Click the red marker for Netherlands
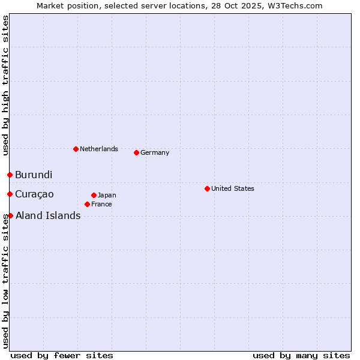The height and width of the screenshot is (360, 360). [76, 149]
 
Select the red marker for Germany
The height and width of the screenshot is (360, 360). [136, 152]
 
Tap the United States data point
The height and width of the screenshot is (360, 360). [207, 188]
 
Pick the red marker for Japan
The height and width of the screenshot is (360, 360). [94, 195]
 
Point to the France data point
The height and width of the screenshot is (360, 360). [87, 204]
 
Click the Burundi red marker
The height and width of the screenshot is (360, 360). [10, 175]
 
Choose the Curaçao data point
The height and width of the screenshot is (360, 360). [10, 194]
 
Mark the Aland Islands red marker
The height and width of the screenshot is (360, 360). [10, 215]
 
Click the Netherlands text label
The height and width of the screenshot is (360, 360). [99, 149]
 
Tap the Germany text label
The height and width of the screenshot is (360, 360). [155, 152]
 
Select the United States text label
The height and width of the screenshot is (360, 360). [233, 188]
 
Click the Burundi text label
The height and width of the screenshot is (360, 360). [34, 175]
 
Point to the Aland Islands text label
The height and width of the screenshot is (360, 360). [48, 216]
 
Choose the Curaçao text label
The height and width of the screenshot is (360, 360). [34, 194]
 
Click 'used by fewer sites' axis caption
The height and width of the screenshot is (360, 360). [62, 355]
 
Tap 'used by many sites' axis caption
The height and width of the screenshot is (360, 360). [301, 355]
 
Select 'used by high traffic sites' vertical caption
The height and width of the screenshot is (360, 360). [5, 85]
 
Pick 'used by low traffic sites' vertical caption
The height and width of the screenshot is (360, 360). [5, 282]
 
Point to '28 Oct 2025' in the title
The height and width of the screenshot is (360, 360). [245, 5]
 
